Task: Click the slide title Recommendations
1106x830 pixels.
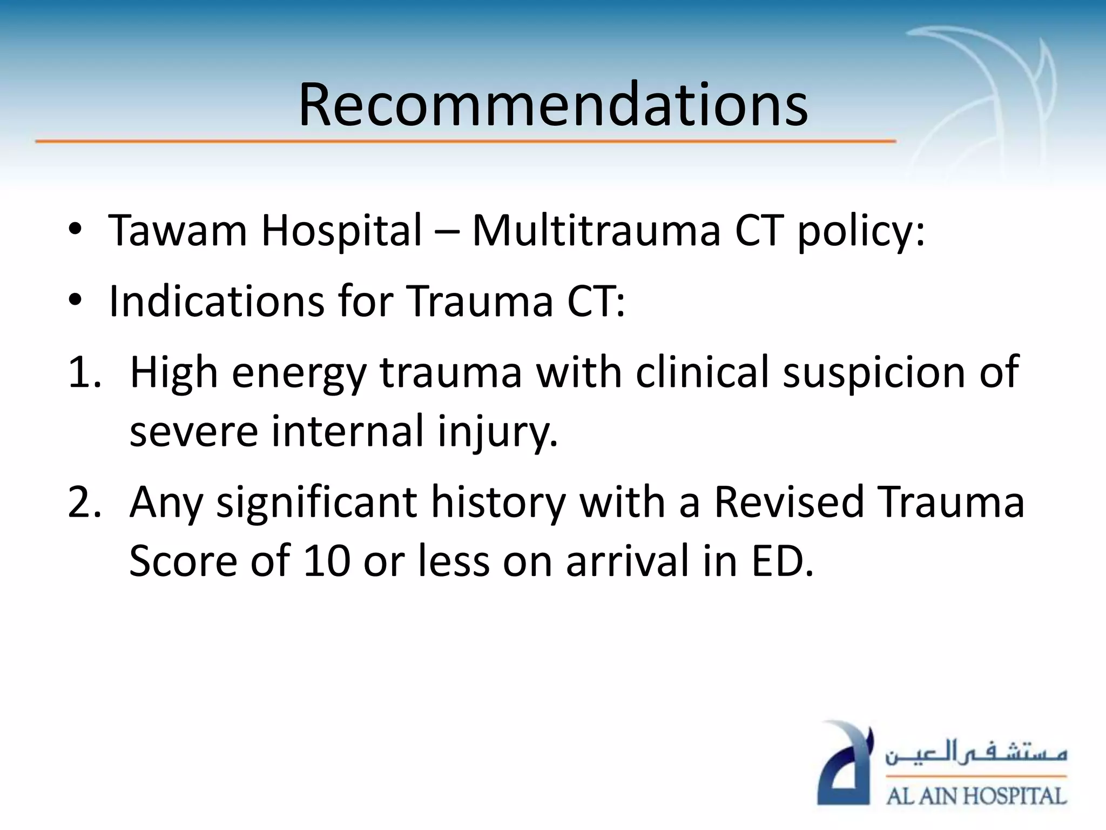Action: point(553,105)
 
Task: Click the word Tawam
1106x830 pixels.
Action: point(178,231)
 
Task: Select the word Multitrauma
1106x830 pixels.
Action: point(596,231)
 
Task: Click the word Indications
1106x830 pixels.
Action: point(217,301)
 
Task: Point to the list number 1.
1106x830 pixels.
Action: point(84,372)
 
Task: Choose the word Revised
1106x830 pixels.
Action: point(789,502)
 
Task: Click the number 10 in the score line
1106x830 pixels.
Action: point(327,561)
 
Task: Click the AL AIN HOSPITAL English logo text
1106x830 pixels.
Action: point(976,796)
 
